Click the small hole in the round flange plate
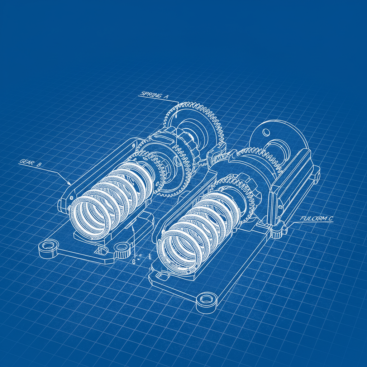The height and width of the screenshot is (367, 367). pyautogui.click(x=266, y=132)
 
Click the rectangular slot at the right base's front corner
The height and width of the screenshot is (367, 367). pyautogui.click(x=160, y=275)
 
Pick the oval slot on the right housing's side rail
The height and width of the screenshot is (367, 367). pyautogui.click(x=278, y=206)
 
